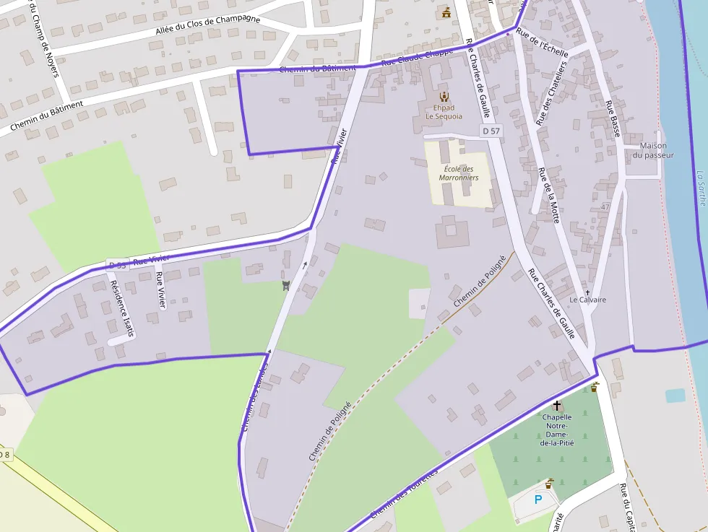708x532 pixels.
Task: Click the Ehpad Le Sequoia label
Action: pyautogui.click(x=444, y=112)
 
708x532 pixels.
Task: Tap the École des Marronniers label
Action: pyautogui.click(x=459, y=173)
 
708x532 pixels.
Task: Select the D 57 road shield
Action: pyautogui.click(x=491, y=131)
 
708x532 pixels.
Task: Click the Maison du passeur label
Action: pyautogui.click(x=653, y=150)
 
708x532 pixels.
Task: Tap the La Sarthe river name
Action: pyautogui.click(x=700, y=188)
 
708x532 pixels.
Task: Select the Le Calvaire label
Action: pyautogui.click(x=587, y=300)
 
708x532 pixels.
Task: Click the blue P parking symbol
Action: pyautogui.click(x=538, y=499)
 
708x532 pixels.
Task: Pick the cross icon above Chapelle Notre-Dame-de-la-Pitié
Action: pyautogui.click(x=556, y=406)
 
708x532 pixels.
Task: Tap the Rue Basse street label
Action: pyautogui.click(x=613, y=118)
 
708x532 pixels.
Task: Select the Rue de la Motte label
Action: pyautogui.click(x=549, y=196)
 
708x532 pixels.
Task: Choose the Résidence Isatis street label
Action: pyautogui.click(x=121, y=308)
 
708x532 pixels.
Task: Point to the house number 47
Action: pyautogui.click(x=605, y=207)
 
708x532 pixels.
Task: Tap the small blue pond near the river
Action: pyautogui.click(x=675, y=396)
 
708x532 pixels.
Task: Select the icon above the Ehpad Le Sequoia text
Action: pyautogui.click(x=444, y=96)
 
